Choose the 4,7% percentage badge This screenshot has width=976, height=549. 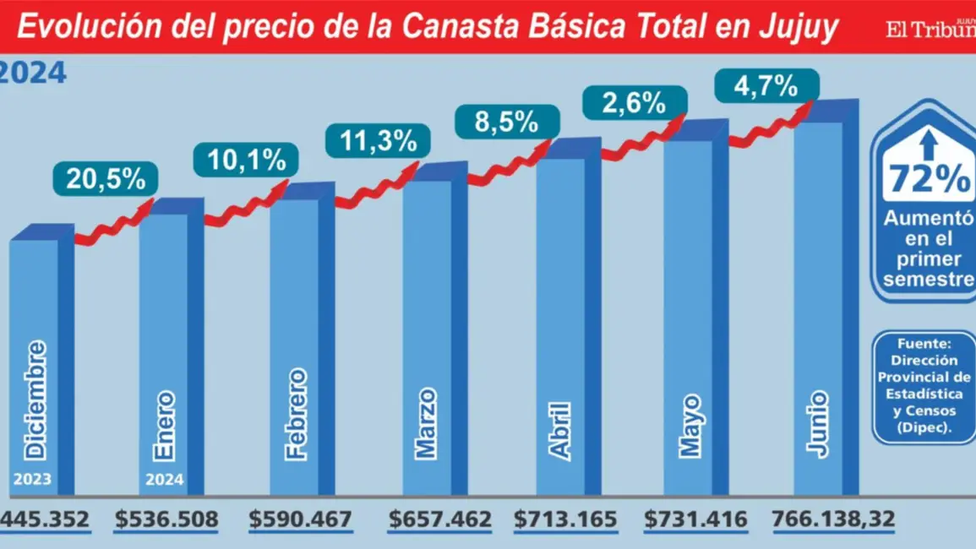pos(767,85)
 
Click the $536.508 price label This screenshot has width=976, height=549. pos(166,519)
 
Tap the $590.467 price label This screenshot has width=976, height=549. pos(301,519)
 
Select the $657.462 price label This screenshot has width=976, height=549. pos(439,519)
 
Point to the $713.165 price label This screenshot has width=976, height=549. pos(566,519)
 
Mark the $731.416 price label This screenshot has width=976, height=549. pos(695,519)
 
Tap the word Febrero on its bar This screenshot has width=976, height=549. pos(296,414)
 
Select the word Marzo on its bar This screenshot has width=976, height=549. pos(428,422)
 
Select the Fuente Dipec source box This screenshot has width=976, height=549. pos(924,387)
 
